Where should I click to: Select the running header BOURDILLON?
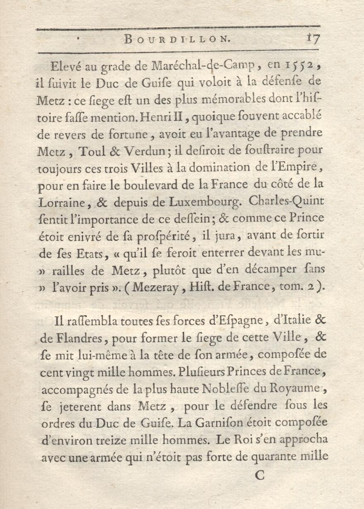[177, 40]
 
